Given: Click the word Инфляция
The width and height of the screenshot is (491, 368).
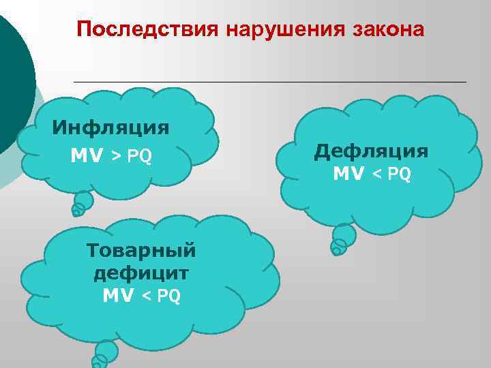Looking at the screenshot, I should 111,127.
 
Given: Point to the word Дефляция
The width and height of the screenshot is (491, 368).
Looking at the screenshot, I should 372,151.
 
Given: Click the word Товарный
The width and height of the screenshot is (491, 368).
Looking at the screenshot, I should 141,250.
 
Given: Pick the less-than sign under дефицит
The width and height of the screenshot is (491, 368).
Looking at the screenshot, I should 147,296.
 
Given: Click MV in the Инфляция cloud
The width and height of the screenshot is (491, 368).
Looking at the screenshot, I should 87,157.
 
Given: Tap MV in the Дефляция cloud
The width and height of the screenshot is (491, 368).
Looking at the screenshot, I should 349,174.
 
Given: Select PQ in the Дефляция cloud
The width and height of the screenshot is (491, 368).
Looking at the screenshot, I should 400,175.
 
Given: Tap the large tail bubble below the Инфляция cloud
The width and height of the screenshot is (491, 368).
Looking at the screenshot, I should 84,200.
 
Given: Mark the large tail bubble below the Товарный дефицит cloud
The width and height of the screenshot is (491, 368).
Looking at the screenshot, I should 106,351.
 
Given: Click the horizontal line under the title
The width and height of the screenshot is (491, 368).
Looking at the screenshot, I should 269,82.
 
